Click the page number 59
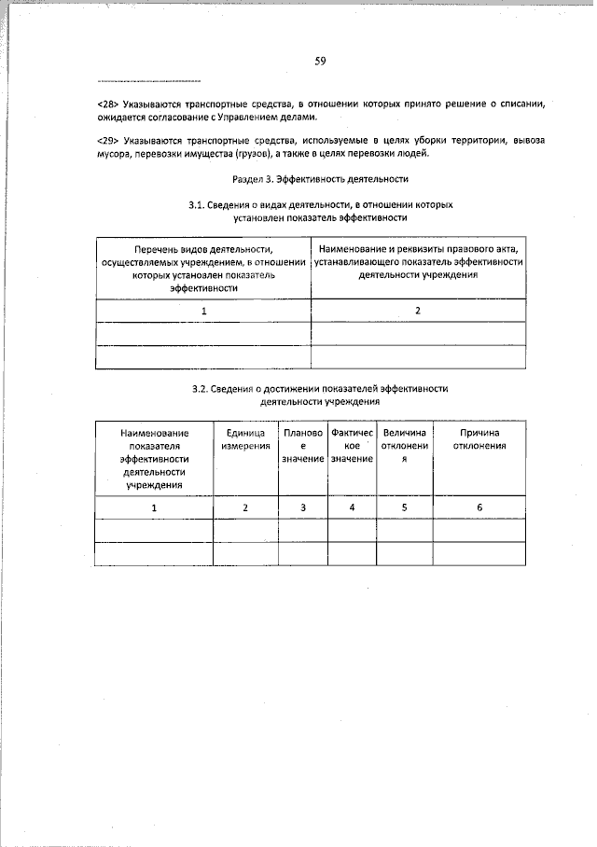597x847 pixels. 319,62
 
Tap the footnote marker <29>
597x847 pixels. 107,140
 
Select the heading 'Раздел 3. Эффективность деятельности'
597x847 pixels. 319,177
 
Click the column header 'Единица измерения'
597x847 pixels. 245,439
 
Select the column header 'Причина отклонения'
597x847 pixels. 479,439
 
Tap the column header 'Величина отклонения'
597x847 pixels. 405,446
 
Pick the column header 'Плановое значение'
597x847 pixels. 302,446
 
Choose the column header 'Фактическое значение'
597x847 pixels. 352,446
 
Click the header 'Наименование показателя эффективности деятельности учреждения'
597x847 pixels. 154,458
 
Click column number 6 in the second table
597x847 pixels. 479,507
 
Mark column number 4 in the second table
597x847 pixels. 352,507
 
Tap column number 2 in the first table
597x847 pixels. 418,310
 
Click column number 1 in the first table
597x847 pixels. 203,310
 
